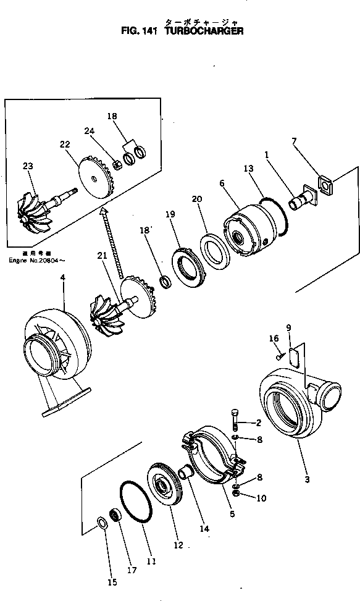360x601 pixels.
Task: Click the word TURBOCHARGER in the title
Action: click(204, 30)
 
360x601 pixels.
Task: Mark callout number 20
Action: click(197, 199)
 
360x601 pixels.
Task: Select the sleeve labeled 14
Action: click(185, 476)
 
